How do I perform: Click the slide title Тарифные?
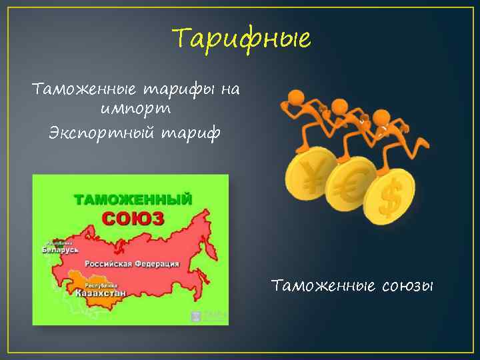point(241,39)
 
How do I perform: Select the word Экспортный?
point(94,132)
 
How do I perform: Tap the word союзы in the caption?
point(408,286)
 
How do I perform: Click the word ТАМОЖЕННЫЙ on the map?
point(133,199)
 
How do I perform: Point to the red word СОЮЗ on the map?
point(133,217)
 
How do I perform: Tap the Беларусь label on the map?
point(60,249)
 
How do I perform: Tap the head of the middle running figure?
point(340,107)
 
